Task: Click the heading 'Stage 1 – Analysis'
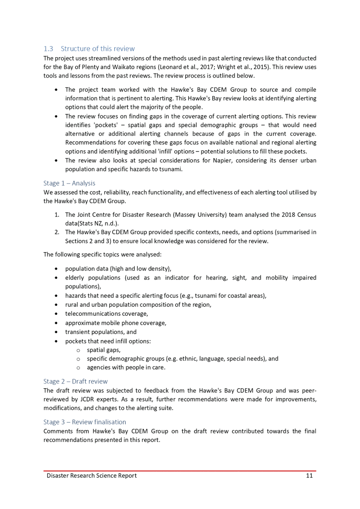(x=69, y=183)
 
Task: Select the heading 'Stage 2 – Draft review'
(x=75, y=381)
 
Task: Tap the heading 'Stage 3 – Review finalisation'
(x=84, y=422)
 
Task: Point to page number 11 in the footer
(x=309, y=475)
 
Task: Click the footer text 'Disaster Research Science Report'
(x=92, y=475)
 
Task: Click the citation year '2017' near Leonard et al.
(x=208, y=67)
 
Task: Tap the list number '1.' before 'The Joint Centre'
(x=57, y=214)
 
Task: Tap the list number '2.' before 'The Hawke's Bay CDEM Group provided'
(x=57, y=232)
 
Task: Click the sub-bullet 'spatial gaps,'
(x=103, y=350)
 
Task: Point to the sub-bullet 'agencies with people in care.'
(x=125, y=367)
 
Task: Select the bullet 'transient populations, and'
(x=101, y=332)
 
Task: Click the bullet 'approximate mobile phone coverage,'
(x=115, y=323)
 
